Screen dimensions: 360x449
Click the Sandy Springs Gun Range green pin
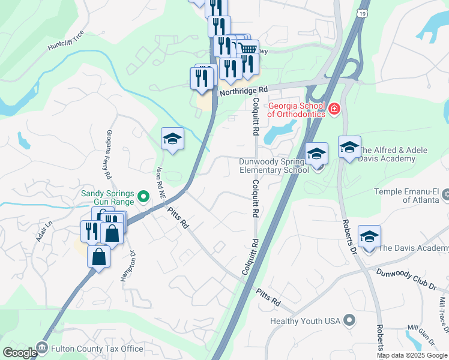(143, 196)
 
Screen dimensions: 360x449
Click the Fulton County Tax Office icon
(42, 347)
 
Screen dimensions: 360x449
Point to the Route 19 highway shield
(363, 13)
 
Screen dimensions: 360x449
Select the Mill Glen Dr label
(422, 334)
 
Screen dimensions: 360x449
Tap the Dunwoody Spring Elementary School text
(274, 166)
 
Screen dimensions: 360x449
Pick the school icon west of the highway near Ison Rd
(173, 139)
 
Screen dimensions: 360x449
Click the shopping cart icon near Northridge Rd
(248, 48)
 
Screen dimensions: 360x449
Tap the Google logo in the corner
(19, 352)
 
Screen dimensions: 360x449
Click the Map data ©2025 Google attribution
(412, 355)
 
